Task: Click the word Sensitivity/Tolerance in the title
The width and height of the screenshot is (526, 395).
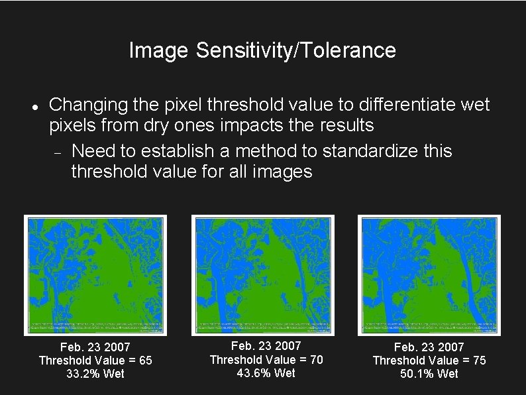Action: pyautogui.click(x=296, y=50)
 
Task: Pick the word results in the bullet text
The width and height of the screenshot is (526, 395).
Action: pyautogui.click(x=344, y=125)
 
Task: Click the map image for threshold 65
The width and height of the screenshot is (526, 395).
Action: pyautogui.click(x=95, y=275)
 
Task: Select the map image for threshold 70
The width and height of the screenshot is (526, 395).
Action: pyautogui.click(x=262, y=275)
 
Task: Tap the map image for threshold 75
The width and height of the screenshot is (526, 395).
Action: pyautogui.click(x=429, y=275)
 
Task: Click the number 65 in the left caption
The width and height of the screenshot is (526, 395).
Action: pyautogui.click(x=145, y=361)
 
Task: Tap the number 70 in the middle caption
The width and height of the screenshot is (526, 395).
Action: pyautogui.click(x=316, y=360)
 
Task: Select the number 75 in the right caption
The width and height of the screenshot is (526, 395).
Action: pyautogui.click(x=479, y=361)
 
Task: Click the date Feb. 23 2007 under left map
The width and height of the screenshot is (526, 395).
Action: pyautogui.click(x=95, y=347)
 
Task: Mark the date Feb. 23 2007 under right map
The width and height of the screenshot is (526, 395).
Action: pyautogui.click(x=429, y=347)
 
